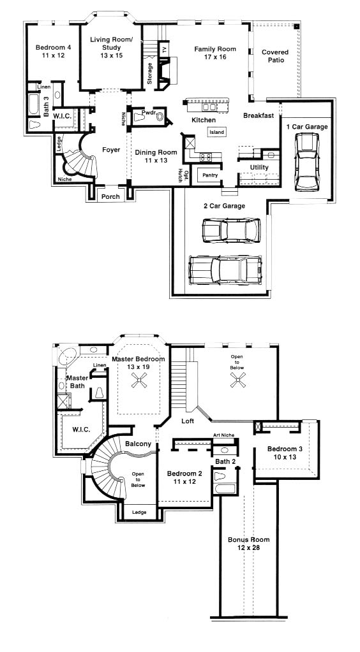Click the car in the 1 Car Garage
pos(307,162)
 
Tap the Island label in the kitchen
pos(216,132)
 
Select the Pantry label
pos(210,175)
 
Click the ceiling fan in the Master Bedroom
pos(139,380)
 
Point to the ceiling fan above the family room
pos(238,380)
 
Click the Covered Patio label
pos(275,56)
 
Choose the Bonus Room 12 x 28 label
pos(249,544)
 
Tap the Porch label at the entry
pos(111,197)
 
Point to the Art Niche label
pos(224,435)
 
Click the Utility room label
pos(259,167)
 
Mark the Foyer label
pos(111,150)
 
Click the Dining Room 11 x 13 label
pos(156,156)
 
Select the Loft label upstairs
pos(188,421)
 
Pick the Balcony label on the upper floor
pos(138,444)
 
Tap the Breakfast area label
pos(259,115)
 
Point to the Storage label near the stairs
pos(150,73)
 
